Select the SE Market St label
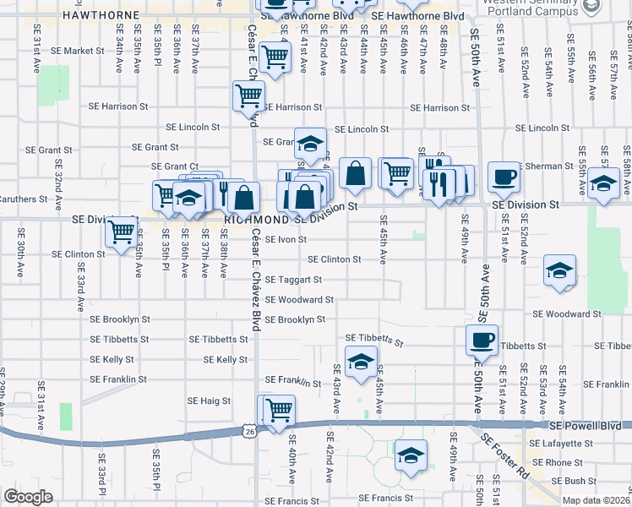(x=77, y=51)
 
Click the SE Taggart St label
(x=293, y=280)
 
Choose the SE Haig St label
(x=208, y=401)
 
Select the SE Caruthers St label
(x=21, y=199)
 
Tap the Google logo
(x=28, y=497)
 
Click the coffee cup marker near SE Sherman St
(x=504, y=177)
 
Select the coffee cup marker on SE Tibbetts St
(x=482, y=340)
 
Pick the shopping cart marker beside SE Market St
(x=275, y=57)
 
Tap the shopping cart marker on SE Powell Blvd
(x=279, y=410)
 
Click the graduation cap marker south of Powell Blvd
(x=411, y=455)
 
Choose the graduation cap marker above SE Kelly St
(x=361, y=362)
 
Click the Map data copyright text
(x=597, y=500)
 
